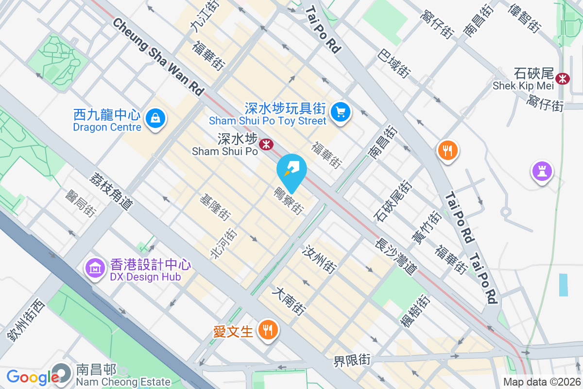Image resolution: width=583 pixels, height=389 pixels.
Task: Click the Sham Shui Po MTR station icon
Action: (x=266, y=144)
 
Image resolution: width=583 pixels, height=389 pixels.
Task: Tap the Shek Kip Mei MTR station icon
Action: (x=563, y=78)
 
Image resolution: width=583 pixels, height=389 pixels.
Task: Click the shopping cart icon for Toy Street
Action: (x=340, y=112)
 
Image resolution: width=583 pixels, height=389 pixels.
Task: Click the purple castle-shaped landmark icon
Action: (x=542, y=171)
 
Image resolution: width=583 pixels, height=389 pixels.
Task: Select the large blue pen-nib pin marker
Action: (x=292, y=171)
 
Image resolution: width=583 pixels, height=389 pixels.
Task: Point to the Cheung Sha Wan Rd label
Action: (x=158, y=56)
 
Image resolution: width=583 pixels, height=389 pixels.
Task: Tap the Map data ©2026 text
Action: (x=541, y=382)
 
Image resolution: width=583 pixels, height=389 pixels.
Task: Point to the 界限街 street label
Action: (x=352, y=361)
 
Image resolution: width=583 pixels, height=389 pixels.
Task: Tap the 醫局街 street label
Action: (x=80, y=203)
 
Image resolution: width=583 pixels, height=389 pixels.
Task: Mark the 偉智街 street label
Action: (x=524, y=18)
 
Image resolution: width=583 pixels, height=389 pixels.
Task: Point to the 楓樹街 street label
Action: (x=415, y=311)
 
